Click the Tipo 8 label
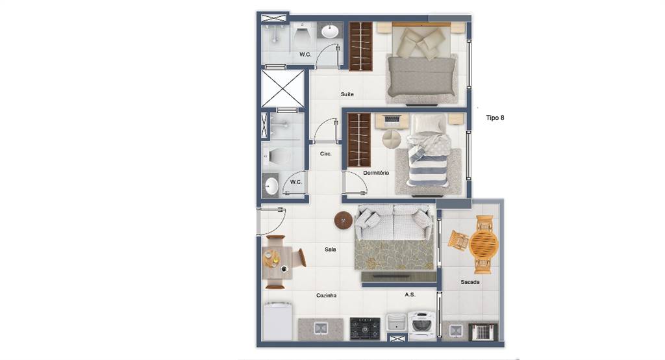[x=495, y=118]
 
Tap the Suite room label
[x=347, y=94]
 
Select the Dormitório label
[x=376, y=173]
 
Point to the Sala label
[x=330, y=249]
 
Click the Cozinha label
[x=326, y=295]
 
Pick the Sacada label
[x=470, y=282]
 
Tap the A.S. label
[x=410, y=294]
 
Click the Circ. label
[x=325, y=153]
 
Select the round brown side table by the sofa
[x=343, y=221]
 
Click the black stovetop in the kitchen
[x=365, y=329]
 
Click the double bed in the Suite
[x=421, y=62]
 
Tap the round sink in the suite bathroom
[x=329, y=31]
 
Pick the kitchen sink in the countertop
[x=321, y=328]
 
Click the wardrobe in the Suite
[x=360, y=46]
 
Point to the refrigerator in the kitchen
[x=277, y=320]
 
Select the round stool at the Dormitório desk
[x=391, y=138]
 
